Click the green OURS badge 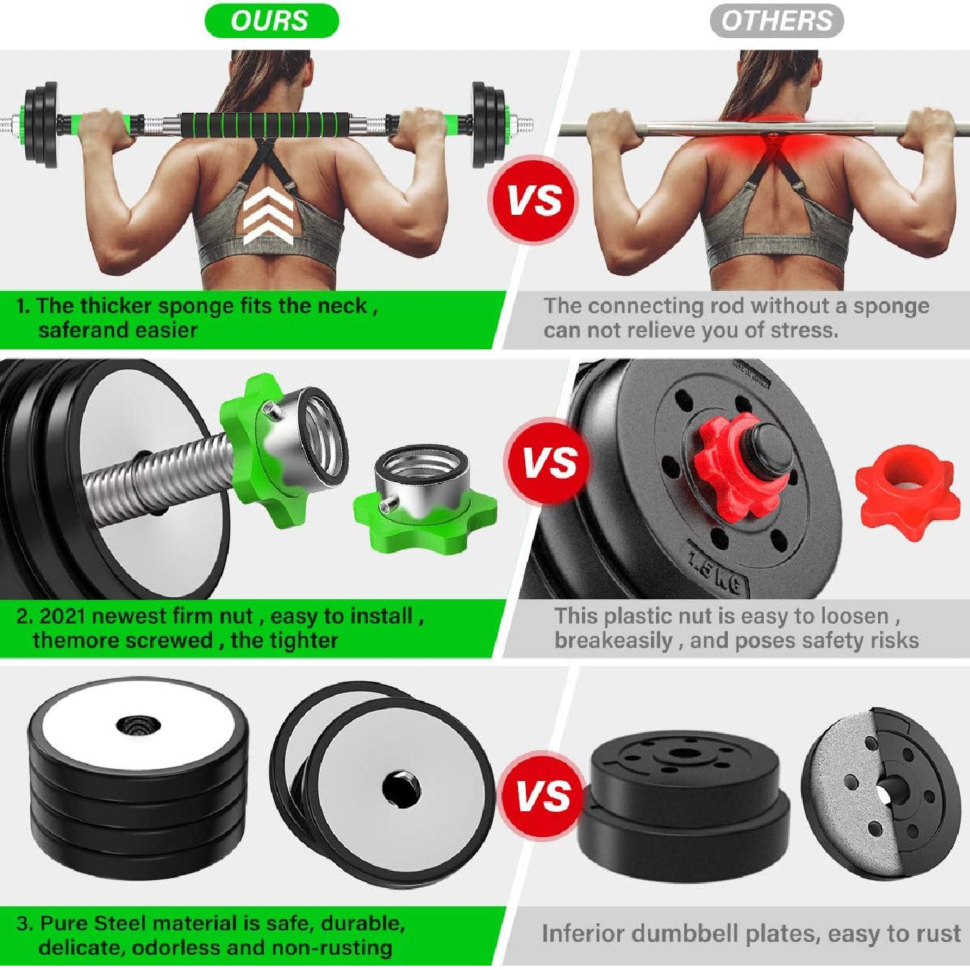click(272, 21)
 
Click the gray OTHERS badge click(777, 21)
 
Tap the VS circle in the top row click(534, 200)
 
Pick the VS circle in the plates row click(543, 796)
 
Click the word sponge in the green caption click(199, 306)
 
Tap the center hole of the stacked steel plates click(134, 726)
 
